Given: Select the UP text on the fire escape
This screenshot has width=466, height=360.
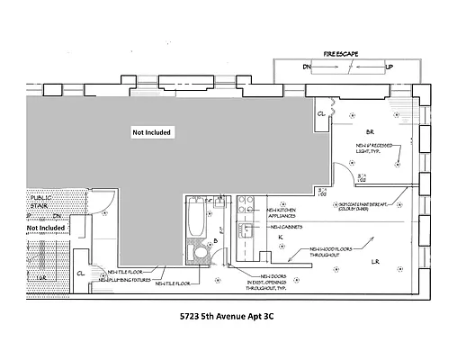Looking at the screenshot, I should [388, 67].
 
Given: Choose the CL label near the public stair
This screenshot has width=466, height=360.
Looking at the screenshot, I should [80, 272].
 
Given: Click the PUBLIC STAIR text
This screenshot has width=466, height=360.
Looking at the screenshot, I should [42, 200].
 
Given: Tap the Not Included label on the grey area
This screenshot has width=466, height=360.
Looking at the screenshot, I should [151, 132].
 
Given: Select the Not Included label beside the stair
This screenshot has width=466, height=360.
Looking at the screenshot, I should [45, 229].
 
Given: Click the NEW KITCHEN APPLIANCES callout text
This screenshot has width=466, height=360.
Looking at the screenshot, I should [284, 215].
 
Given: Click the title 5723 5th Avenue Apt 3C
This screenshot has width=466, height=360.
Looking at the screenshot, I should [231, 318].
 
